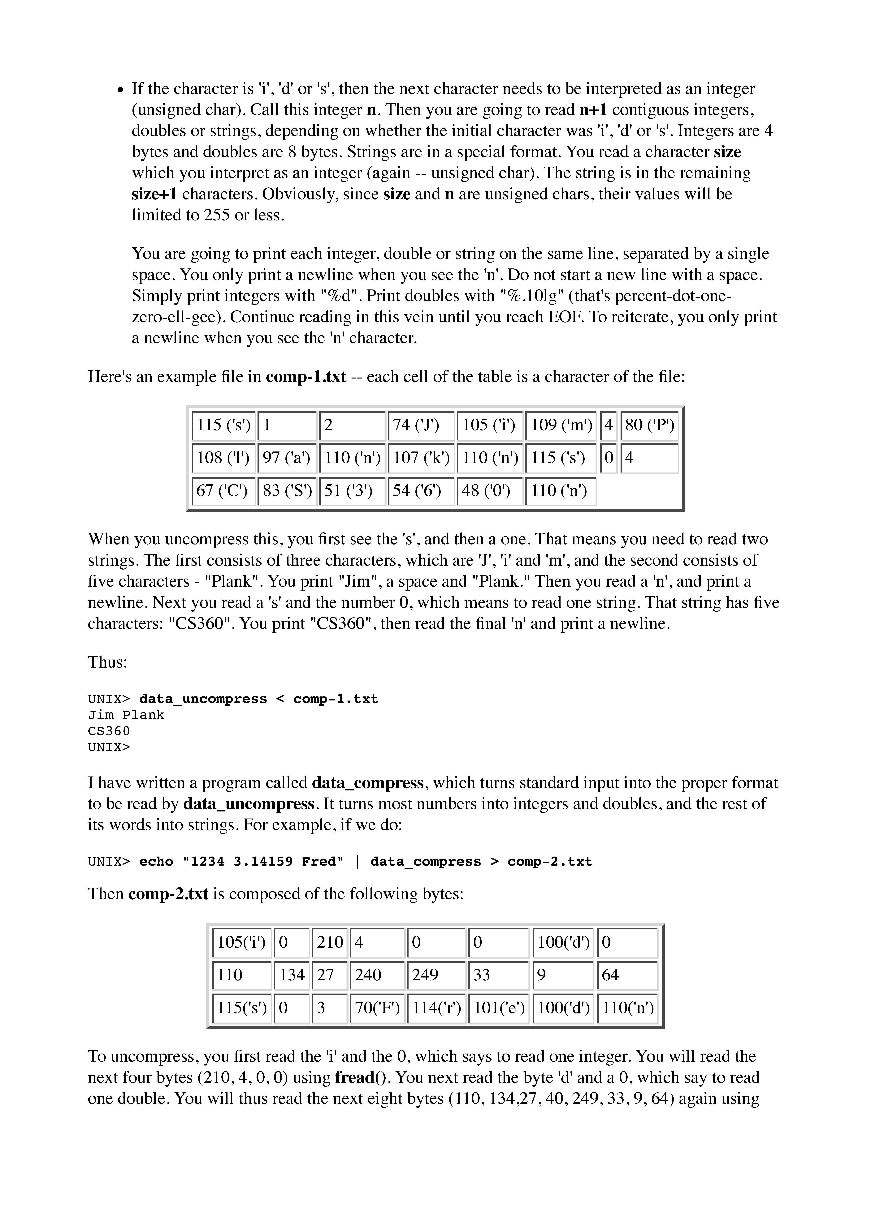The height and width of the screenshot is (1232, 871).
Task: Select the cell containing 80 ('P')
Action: (x=649, y=426)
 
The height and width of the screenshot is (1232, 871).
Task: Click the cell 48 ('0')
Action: (x=489, y=491)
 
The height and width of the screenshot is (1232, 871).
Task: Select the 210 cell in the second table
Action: (x=330, y=942)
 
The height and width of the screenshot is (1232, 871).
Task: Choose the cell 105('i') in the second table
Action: (x=241, y=942)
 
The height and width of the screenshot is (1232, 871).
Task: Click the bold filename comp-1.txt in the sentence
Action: (x=306, y=377)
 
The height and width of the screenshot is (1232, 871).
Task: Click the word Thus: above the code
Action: (x=107, y=662)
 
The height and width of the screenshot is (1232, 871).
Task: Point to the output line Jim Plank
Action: (x=126, y=715)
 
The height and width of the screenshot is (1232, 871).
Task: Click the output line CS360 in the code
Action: (x=109, y=731)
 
